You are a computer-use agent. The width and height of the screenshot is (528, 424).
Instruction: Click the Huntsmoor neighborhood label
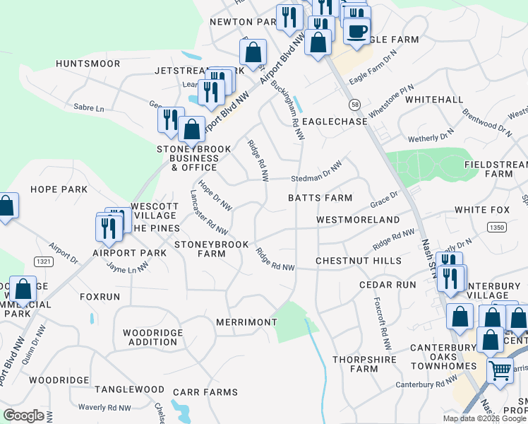coord(89,64)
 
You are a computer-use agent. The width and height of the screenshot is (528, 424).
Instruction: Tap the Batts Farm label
coord(320,198)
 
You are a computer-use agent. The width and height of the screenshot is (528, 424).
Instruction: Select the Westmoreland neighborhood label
coord(358,220)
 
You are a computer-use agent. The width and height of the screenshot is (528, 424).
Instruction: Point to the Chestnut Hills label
coord(359,261)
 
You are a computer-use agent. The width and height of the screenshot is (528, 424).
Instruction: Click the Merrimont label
coord(246,322)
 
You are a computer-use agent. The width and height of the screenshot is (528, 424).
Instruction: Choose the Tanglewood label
coord(130,389)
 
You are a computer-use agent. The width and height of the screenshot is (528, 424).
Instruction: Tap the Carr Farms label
coord(207,392)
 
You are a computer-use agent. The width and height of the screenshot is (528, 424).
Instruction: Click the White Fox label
coord(482,210)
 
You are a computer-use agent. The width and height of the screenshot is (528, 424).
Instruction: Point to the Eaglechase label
coord(335,122)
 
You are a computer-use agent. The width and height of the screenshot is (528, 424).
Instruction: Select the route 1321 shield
coord(44,261)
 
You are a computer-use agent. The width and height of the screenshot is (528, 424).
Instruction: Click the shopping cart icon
coord(500,369)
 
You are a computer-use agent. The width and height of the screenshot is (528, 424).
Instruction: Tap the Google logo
coord(23,416)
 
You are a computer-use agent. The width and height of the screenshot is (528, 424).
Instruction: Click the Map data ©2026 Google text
coord(484,418)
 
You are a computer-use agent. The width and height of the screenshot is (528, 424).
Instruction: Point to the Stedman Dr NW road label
coord(318,173)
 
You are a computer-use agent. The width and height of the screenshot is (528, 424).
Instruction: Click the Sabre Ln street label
coord(89,109)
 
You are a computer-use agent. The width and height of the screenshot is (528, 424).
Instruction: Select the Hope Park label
coord(59,189)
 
